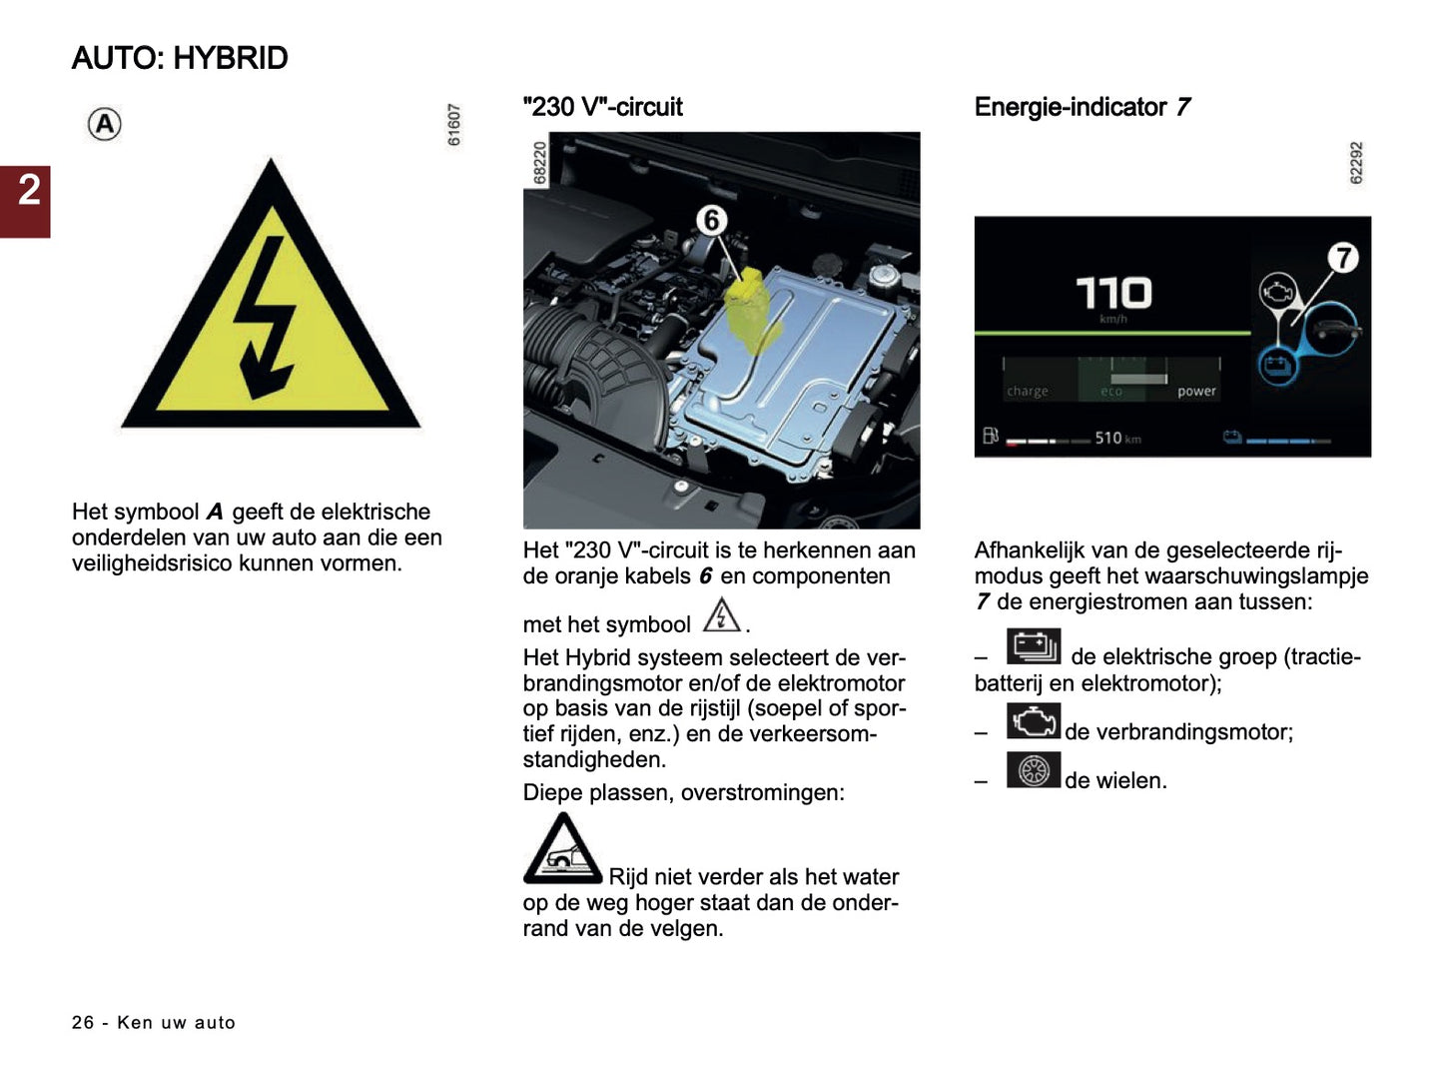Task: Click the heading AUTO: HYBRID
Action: coord(180,58)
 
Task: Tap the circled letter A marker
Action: coord(105,125)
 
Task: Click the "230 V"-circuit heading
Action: coord(602,107)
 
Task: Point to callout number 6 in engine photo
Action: coord(711,220)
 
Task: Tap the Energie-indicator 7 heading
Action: coord(1082,107)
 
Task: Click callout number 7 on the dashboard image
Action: coord(1343,258)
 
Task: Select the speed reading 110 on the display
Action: coord(1112,294)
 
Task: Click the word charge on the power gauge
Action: coord(1028,392)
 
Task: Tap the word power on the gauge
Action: coord(1196,392)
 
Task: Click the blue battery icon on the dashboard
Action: coord(1275,365)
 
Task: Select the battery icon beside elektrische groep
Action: coord(1034,646)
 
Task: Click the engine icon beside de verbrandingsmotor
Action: coord(1034,721)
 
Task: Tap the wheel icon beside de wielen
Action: coord(1034,770)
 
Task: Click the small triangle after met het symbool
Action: coord(721,615)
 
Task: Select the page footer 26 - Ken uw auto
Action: coord(154,1022)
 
